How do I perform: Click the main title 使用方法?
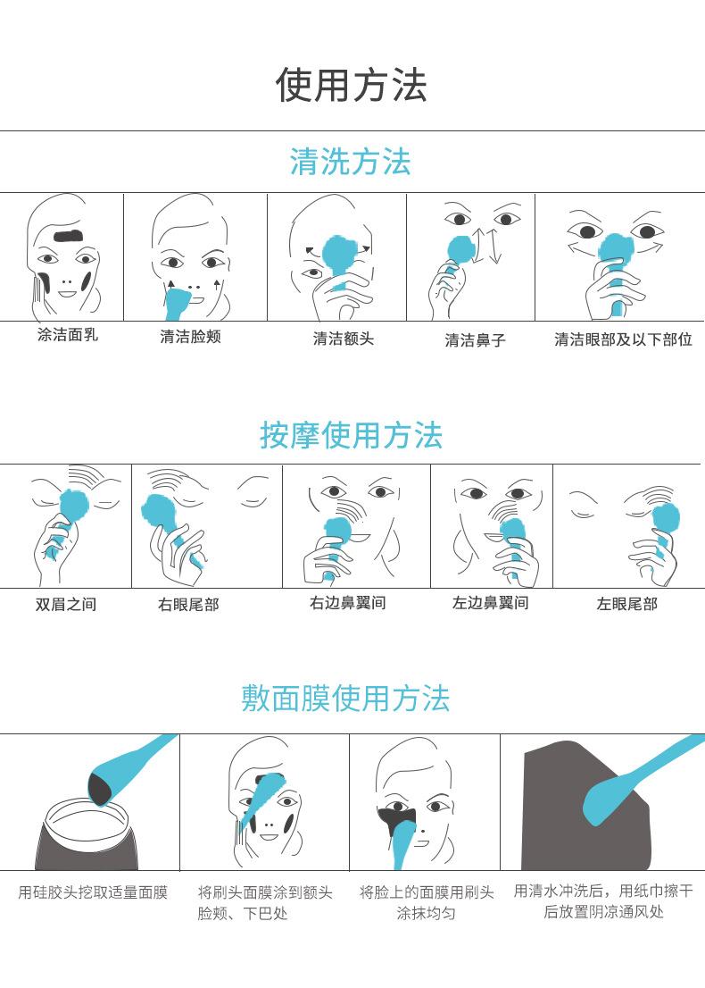pos(352,85)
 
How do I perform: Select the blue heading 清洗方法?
pos(351,162)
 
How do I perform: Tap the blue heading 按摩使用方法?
pos(352,435)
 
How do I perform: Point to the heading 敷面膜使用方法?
pos(345,699)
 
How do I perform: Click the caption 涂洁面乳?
pos(67,335)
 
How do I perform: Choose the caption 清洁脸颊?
pos(190,337)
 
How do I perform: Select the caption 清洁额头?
pos(343,339)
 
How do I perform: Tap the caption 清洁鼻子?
pos(476,340)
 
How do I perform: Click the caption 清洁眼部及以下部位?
pos(623,339)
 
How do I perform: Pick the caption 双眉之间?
pos(66,604)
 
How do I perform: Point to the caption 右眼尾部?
pos(188,605)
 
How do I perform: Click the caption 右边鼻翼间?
pos(347,603)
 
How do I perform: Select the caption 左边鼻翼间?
pos(490,603)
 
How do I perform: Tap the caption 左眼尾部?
pos(627,604)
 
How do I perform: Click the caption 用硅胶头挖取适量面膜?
pos(93,892)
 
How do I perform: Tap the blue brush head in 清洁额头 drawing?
pos(340,254)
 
